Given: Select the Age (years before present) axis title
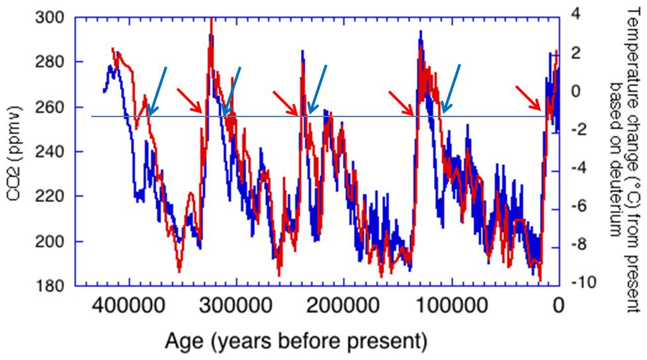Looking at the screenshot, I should click(x=296, y=341).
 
